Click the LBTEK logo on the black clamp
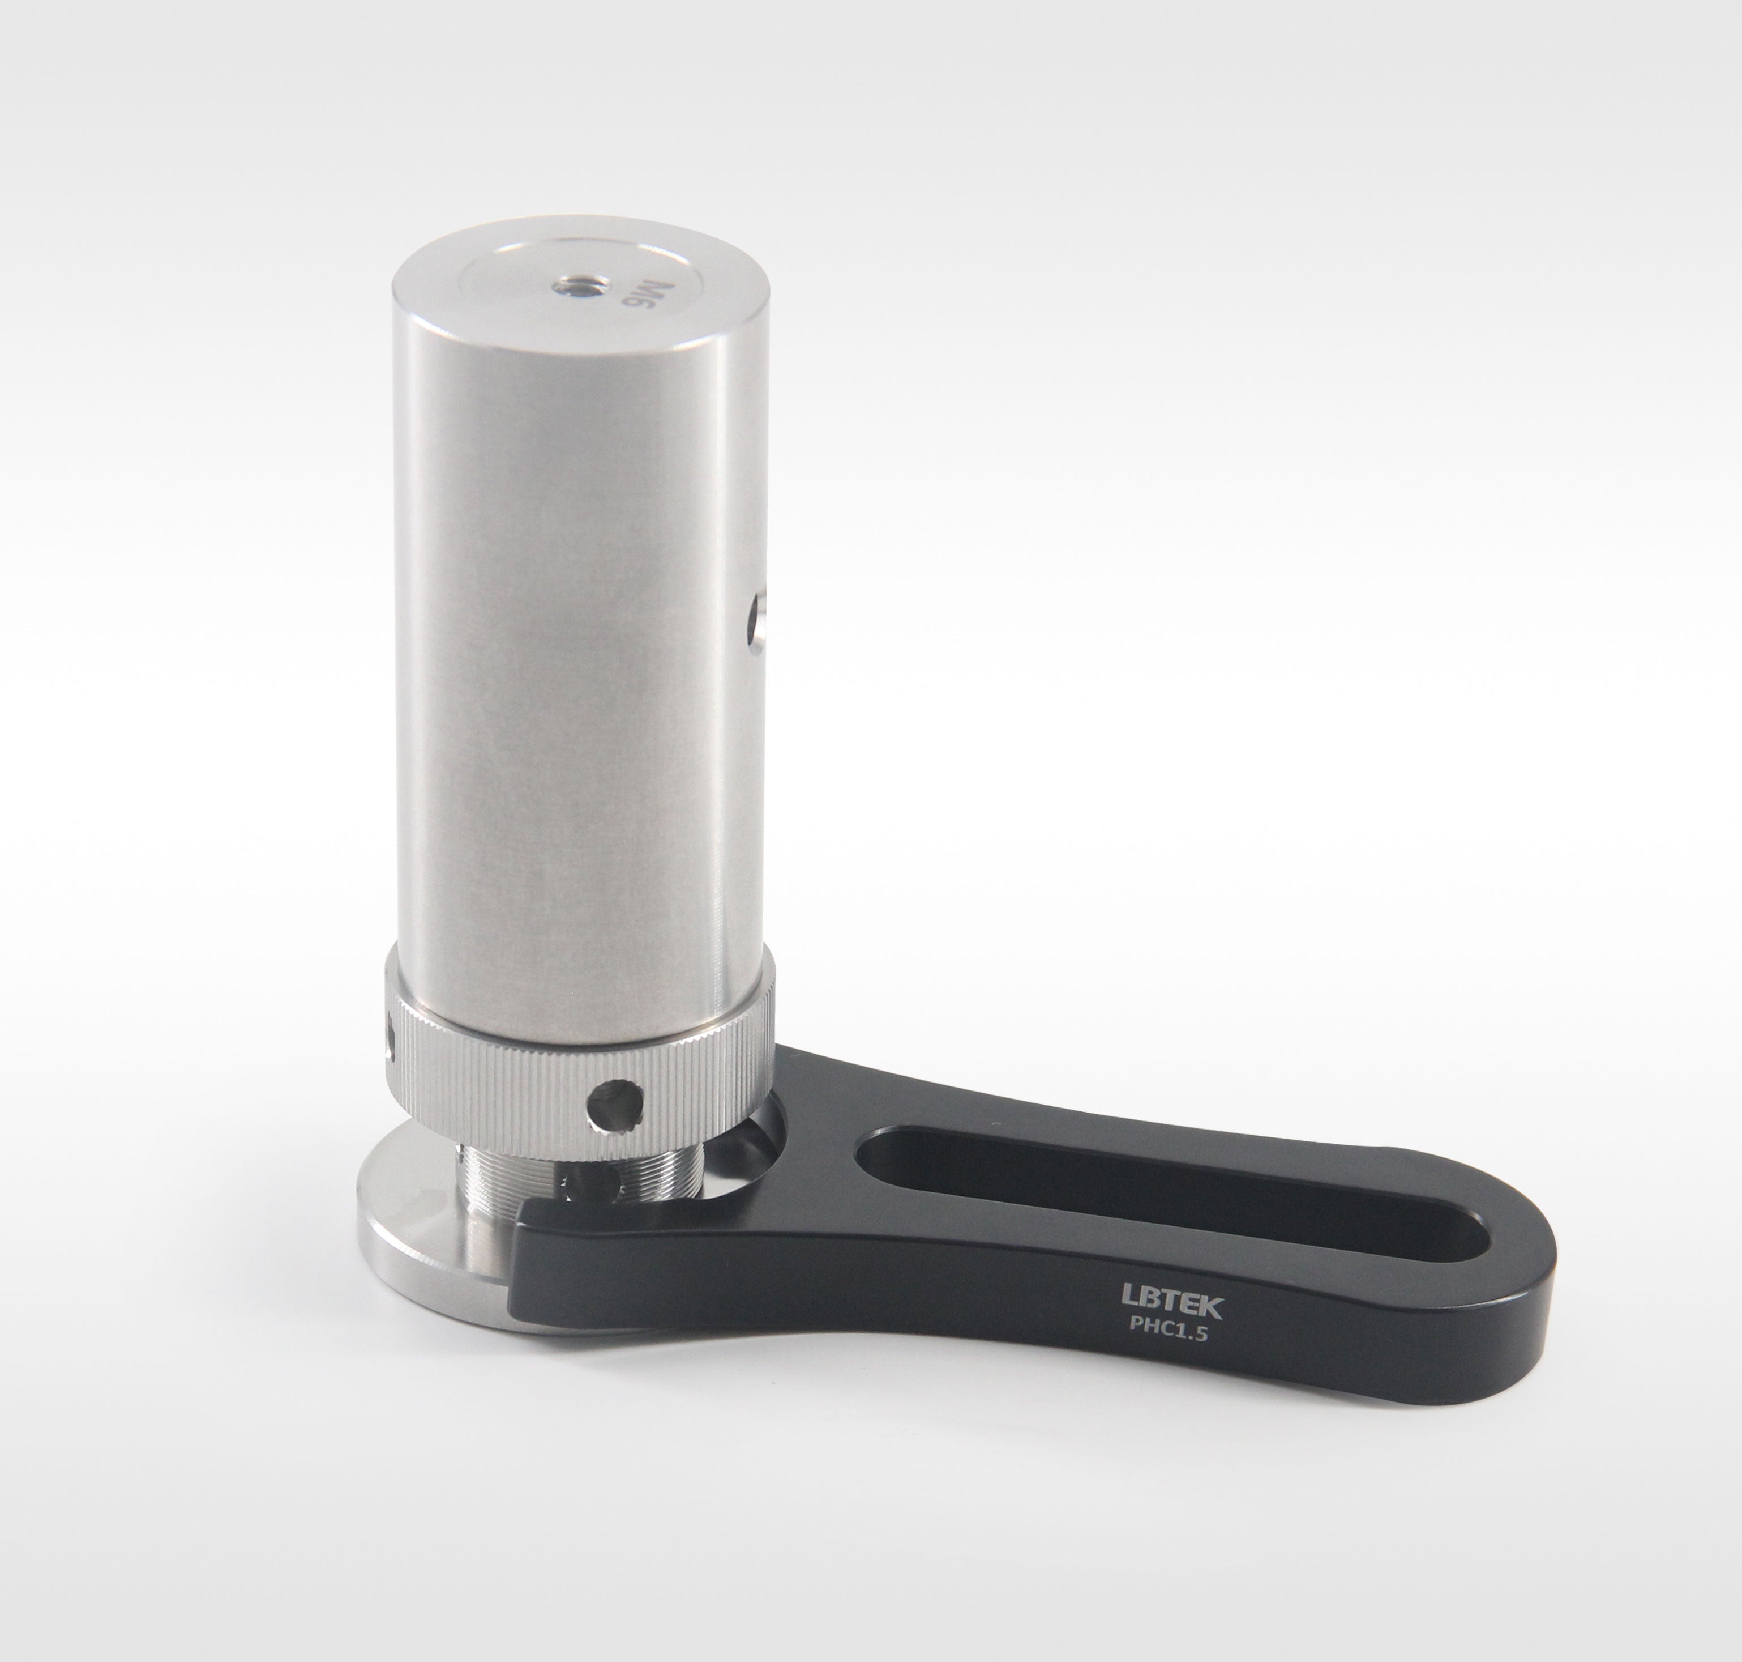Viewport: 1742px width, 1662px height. click(x=1172, y=1306)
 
